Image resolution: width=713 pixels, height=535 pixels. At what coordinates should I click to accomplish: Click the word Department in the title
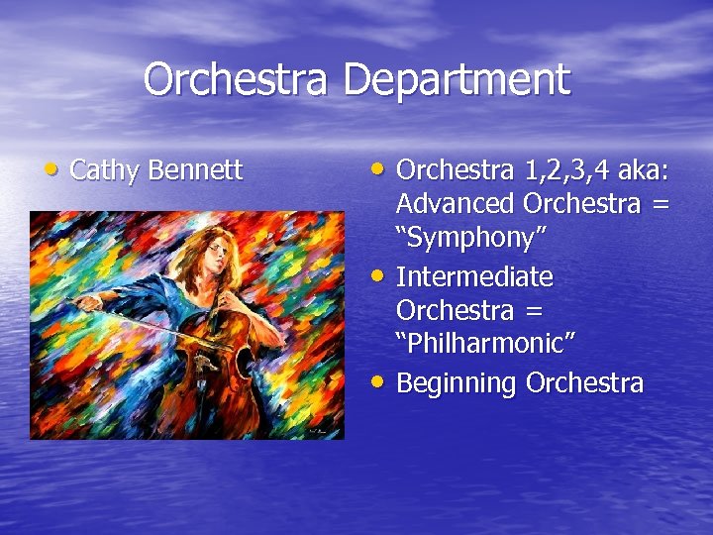457,79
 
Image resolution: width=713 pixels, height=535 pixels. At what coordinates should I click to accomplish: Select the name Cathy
106,170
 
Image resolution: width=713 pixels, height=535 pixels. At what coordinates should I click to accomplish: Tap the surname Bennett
195,170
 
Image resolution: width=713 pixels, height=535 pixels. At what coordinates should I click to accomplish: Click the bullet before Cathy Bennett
37,167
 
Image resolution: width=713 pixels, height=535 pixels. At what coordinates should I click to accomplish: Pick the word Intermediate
474,275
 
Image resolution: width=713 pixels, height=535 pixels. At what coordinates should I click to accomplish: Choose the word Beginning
457,382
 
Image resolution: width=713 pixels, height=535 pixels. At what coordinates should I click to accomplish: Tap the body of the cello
226,367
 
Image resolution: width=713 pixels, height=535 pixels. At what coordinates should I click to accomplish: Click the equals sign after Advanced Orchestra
661,204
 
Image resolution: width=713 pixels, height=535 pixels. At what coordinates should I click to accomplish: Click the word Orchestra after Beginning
584,382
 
